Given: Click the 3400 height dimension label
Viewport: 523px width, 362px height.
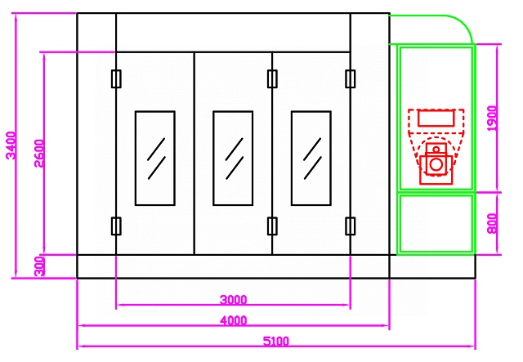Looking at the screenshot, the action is click(x=11, y=145).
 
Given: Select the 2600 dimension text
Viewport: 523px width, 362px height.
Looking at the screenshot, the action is click(x=39, y=154).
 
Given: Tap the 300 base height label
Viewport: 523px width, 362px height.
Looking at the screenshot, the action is click(x=39, y=266).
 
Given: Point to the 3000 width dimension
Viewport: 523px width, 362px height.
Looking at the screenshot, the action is click(x=234, y=300).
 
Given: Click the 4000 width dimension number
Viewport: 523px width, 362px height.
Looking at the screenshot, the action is click(x=234, y=320).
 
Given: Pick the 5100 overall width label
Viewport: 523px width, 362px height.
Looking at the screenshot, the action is click(x=276, y=342).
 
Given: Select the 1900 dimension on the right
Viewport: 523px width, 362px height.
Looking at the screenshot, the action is click(x=492, y=118).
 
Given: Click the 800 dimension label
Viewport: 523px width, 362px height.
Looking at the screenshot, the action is click(x=492, y=224).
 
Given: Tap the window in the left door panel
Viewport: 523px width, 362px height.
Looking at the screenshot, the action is click(x=155, y=159).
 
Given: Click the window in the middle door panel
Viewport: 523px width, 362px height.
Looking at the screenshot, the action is click(x=233, y=159).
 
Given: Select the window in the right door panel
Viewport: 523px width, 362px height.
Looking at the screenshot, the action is click(x=311, y=159).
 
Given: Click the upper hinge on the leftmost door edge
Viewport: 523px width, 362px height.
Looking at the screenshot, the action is click(x=116, y=78).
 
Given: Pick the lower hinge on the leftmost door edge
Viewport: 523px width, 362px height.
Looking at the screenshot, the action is click(x=116, y=226).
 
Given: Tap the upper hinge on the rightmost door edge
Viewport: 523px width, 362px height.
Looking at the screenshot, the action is click(x=351, y=78).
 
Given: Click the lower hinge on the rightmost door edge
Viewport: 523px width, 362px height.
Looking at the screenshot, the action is click(x=351, y=226).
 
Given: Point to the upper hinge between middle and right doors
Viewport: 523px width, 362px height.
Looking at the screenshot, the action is click(x=272, y=78).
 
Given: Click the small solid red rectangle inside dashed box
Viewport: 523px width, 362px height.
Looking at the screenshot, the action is click(x=436, y=118).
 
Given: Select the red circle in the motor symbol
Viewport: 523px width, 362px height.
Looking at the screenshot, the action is click(x=436, y=164).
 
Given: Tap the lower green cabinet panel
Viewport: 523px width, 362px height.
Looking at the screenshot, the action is click(x=436, y=224).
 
